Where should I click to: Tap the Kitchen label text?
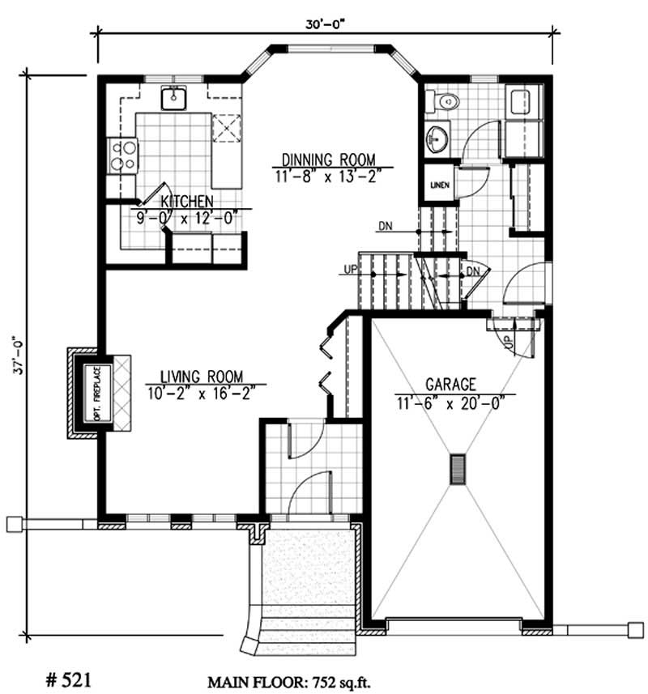[x=186, y=201]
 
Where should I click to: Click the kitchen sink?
[x=174, y=98]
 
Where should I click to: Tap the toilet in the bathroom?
[x=443, y=101]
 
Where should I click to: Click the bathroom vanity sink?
[x=437, y=138]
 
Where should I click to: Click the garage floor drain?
[x=458, y=469]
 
